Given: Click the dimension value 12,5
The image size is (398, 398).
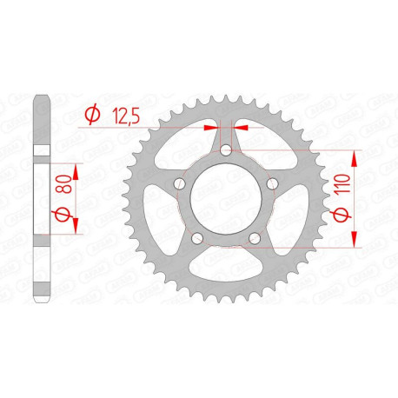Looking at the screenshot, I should (124, 113).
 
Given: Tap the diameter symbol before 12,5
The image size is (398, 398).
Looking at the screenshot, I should (90, 114).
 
